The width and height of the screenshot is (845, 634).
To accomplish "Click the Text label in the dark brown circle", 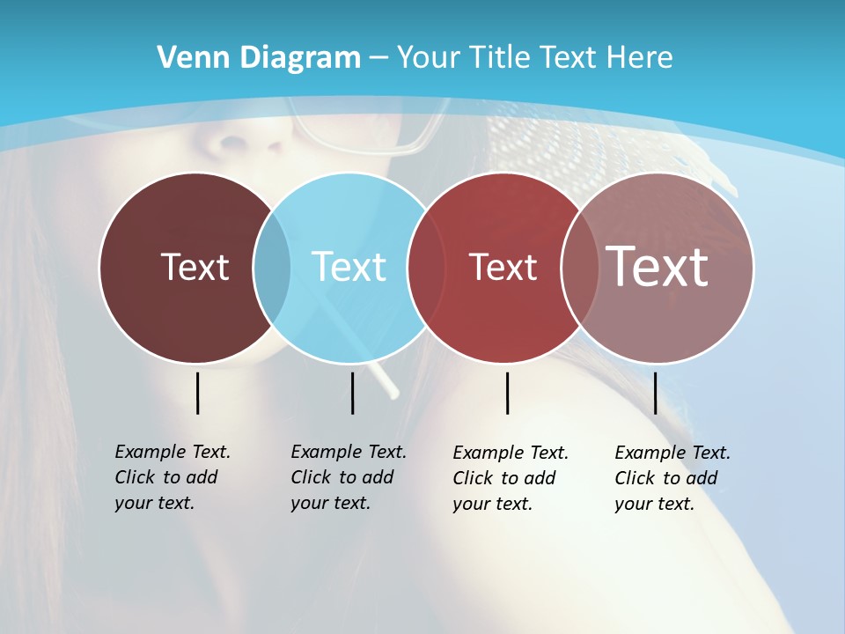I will (195, 267).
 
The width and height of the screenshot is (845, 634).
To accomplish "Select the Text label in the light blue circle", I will (349, 267).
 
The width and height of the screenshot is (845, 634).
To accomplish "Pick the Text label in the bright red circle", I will (503, 267).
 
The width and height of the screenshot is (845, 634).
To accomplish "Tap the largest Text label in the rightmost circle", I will (658, 267).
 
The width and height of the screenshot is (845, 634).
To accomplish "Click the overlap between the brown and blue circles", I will (272, 267).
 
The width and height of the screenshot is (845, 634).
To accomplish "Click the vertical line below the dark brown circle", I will (197, 393).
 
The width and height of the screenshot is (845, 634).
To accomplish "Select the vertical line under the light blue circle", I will (352, 393).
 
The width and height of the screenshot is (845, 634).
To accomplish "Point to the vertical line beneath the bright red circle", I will (507, 393).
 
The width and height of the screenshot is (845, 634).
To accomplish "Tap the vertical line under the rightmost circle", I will (655, 393).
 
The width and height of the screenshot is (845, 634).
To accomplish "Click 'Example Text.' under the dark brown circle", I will (173, 452).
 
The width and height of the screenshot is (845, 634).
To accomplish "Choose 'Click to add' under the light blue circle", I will (342, 477).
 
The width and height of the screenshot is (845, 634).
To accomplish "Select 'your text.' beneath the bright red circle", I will (493, 504).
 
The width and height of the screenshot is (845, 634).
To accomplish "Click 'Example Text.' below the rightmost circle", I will (672, 453).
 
